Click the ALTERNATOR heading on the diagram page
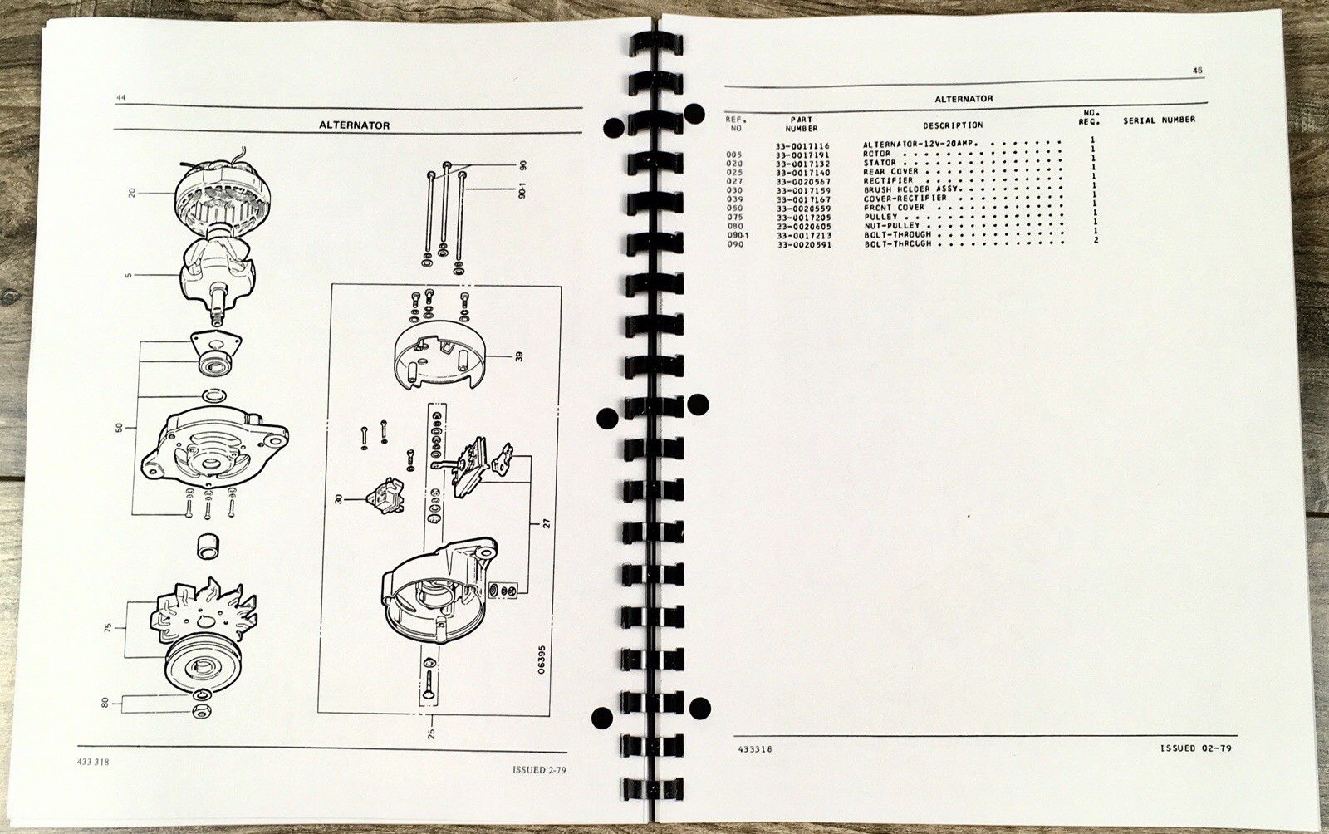(x=354, y=125)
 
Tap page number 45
(x=1197, y=71)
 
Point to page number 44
(x=121, y=97)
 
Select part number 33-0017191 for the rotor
(x=802, y=155)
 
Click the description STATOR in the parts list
(x=880, y=163)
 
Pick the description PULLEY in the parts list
(x=881, y=217)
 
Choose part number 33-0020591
(x=804, y=244)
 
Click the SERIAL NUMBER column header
(x=1160, y=120)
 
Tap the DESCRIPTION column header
(x=953, y=125)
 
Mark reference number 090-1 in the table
(x=738, y=235)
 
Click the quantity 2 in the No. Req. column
(x=1096, y=239)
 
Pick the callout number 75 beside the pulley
(x=108, y=627)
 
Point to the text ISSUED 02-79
(x=1195, y=748)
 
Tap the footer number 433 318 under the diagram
(x=93, y=763)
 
